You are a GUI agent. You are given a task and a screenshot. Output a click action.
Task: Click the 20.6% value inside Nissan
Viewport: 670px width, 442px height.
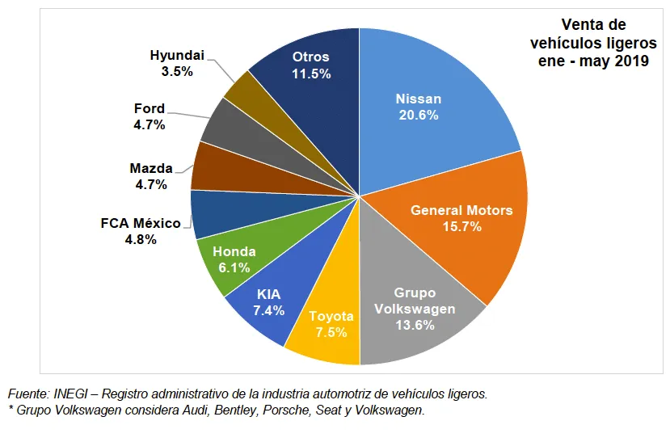click(x=419, y=116)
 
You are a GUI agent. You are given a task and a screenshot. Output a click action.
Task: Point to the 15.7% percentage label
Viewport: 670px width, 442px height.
click(x=461, y=227)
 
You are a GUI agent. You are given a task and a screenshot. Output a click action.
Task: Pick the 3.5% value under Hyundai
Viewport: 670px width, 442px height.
click(x=177, y=71)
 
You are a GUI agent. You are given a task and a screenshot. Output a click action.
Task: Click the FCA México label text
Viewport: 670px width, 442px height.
click(x=141, y=223)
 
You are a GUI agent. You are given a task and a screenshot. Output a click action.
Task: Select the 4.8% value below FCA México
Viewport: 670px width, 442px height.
click(x=141, y=239)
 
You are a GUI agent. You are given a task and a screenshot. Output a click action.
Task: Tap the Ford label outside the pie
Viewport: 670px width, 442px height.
click(x=149, y=108)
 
